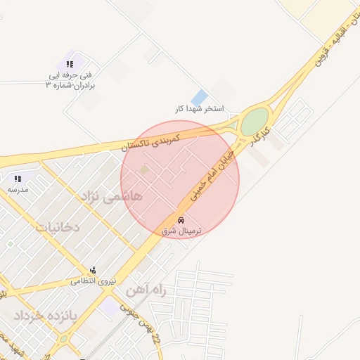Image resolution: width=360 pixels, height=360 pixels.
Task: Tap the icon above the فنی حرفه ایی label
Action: [x=70, y=64]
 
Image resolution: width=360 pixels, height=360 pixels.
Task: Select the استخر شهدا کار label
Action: [x=199, y=109]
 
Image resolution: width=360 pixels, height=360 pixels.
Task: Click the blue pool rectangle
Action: [x=200, y=97]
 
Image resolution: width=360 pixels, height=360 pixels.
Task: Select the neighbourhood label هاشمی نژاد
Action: [x=112, y=196]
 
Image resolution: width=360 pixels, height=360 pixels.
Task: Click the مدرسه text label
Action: [x=18, y=190]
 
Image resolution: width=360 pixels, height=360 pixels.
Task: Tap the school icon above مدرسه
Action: [x=18, y=179]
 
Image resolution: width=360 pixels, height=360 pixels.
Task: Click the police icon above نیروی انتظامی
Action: [x=93, y=271]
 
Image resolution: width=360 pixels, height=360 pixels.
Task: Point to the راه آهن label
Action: [x=146, y=290]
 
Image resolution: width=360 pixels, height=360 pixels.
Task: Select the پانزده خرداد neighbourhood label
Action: [x=34, y=316]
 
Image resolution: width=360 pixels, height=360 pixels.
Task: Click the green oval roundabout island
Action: [x=255, y=121]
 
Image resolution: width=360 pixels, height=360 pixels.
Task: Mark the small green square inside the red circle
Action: [x=144, y=169]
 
